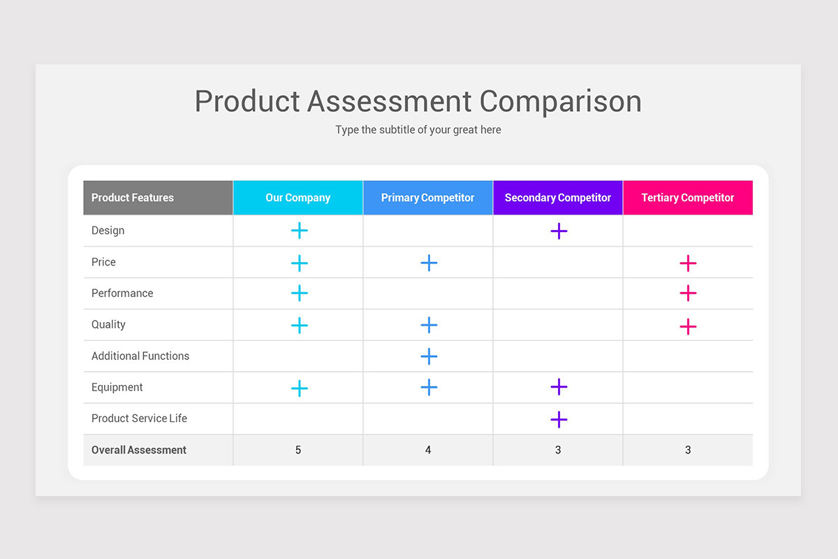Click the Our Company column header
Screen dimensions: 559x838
point(298,198)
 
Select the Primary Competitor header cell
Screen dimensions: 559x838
point(427,198)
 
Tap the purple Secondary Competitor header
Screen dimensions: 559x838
point(558,198)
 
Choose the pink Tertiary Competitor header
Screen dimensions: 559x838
point(688,198)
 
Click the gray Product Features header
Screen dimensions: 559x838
point(133,198)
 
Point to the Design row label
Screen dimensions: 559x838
point(108,231)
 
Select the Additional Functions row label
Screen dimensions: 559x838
point(140,356)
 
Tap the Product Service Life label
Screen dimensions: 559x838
point(140,419)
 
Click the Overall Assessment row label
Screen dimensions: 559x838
point(139,450)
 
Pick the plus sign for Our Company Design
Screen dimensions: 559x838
point(299,231)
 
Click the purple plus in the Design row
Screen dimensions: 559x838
point(559,231)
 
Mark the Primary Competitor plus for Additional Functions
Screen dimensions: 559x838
point(429,356)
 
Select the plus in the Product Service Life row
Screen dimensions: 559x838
point(559,419)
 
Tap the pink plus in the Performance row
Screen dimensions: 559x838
point(688,293)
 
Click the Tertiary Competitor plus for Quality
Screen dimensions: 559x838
point(688,326)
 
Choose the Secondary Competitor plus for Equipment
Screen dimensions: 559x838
point(559,386)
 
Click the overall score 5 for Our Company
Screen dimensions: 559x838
point(298,450)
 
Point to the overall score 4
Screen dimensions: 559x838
point(428,450)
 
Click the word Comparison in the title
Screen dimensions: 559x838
point(560,101)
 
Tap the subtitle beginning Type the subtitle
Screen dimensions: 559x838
point(418,130)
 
